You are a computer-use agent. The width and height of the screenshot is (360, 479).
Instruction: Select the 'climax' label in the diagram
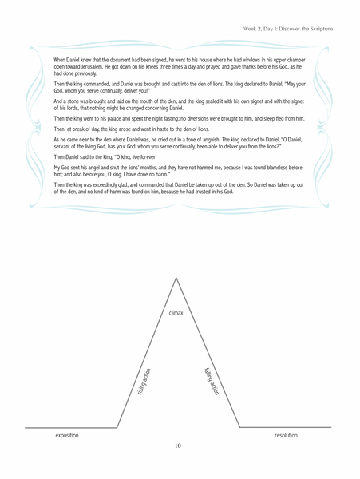[176, 313]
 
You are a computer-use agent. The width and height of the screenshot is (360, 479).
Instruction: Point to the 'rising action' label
[144, 382]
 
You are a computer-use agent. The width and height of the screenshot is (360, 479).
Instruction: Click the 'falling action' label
[212, 382]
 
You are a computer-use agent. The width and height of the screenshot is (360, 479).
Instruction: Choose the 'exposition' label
[67, 436]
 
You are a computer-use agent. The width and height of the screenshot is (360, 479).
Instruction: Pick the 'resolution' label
[286, 436]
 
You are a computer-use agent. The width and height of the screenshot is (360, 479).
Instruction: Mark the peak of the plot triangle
[176, 276]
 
